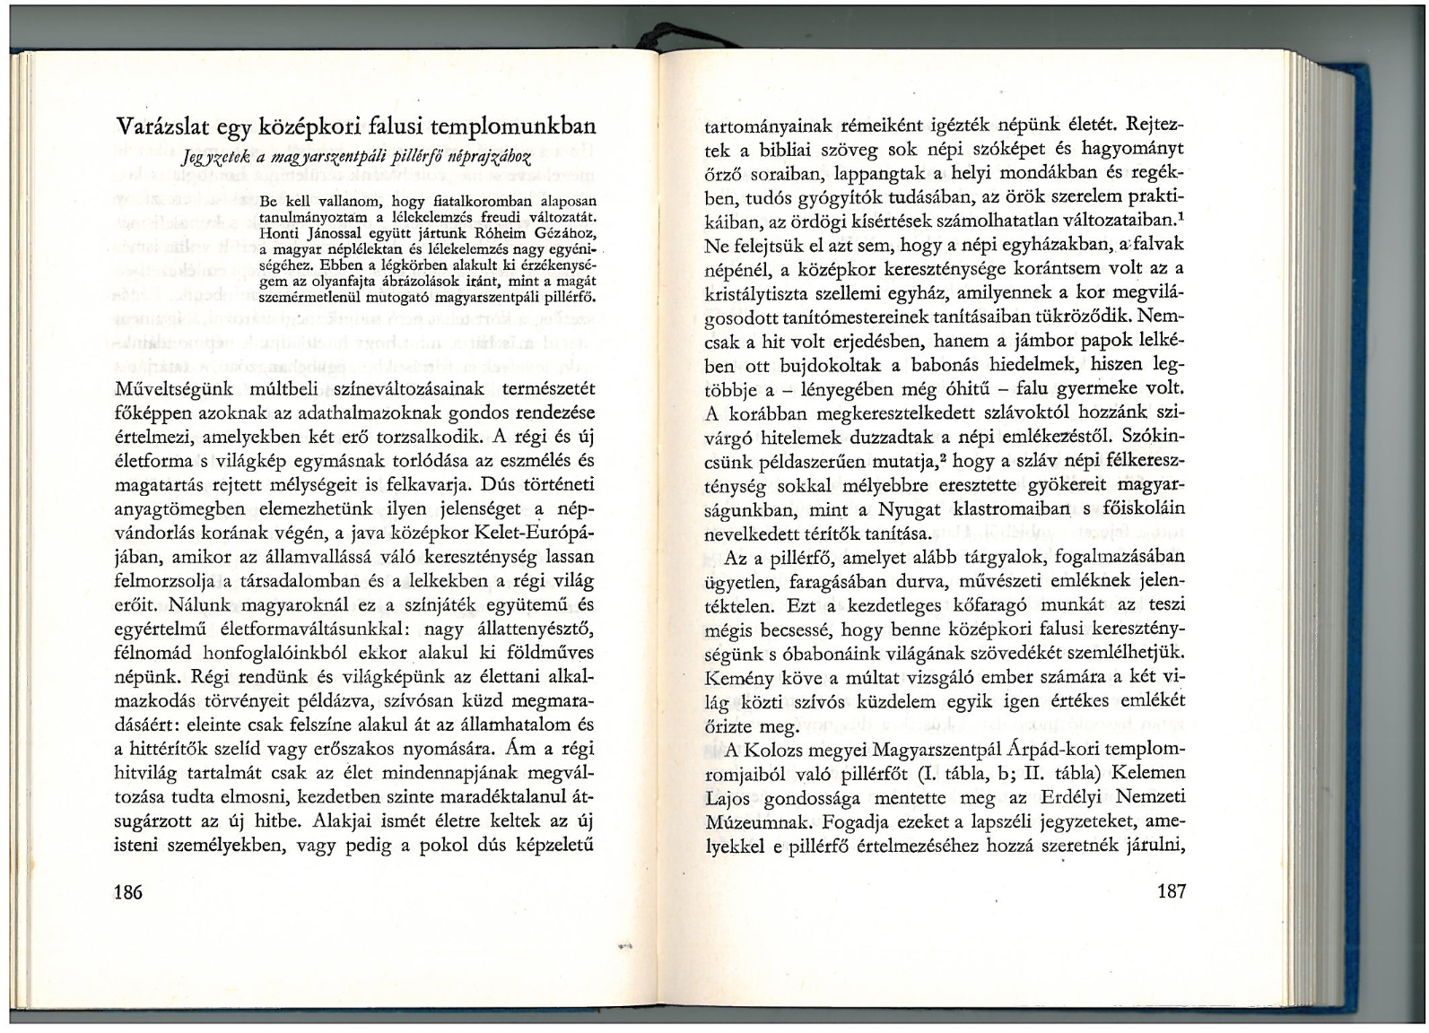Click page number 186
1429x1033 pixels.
tap(129, 891)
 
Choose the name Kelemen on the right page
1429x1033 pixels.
tap(1152, 772)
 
